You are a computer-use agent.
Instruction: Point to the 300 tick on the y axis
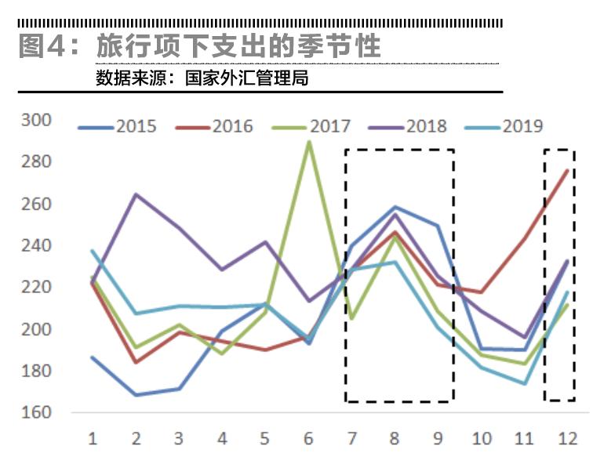35,120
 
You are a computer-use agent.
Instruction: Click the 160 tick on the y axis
35,412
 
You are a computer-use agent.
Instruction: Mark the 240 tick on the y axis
35,245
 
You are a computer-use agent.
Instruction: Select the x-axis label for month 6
308,439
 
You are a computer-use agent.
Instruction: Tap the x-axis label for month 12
567,439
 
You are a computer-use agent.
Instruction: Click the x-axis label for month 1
93,439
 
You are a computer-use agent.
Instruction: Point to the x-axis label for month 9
438,439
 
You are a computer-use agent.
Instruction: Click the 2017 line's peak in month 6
309,142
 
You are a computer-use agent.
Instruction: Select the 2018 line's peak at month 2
136,194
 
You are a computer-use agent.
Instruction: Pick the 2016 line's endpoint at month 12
567,170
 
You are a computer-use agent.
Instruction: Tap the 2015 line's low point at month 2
136,395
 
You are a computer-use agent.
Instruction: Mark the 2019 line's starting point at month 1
93,251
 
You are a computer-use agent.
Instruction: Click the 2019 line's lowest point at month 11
524,384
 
